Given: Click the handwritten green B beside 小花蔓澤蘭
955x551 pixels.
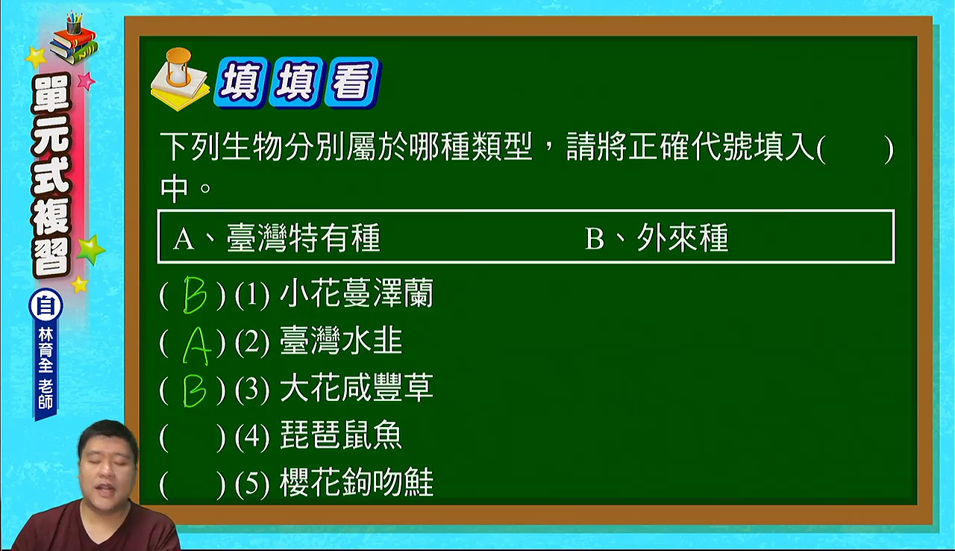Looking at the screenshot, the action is coord(195,295).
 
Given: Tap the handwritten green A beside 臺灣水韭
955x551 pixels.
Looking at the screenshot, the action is coord(196,346).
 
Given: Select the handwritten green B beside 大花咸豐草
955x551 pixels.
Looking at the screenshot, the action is coord(195,390).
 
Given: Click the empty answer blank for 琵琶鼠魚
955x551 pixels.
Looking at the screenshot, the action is coord(192,436).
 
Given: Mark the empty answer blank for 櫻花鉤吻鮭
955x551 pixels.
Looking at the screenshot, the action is coord(192,484).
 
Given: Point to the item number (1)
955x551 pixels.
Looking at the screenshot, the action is coord(252,295).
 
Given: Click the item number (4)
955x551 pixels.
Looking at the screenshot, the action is coord(252,436).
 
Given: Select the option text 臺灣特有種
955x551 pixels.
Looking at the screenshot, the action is coord(303,237).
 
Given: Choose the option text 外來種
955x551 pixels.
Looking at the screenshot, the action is coord(683,237).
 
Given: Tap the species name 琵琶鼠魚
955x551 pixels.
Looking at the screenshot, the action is coord(341,435).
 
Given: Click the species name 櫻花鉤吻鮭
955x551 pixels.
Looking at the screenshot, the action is coord(357,483).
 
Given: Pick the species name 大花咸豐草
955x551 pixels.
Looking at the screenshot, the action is coord(357,387).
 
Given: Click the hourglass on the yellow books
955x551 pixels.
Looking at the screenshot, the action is coord(179,66).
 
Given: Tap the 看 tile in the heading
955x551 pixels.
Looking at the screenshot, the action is coord(352,81).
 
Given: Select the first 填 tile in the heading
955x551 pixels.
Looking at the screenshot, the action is coord(242,81).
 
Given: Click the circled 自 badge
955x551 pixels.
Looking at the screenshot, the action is coord(46,305).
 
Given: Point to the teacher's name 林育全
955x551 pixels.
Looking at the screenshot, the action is coord(46,350).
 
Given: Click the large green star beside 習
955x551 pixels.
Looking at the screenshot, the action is coord(90,249).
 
